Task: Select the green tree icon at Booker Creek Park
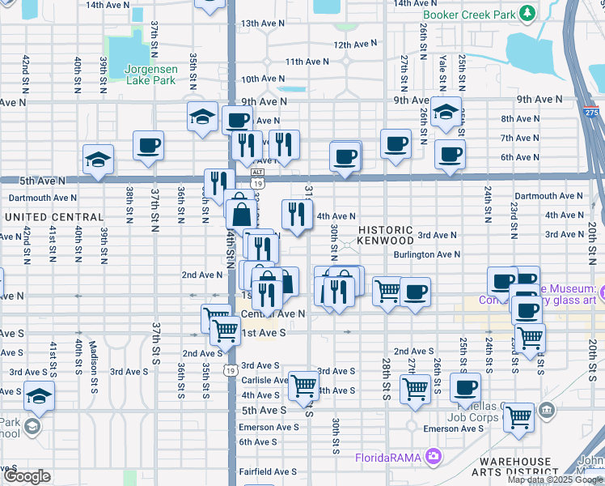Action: pos(528,13)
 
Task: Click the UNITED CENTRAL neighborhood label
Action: pos(54,217)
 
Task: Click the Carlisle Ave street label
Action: pos(264,380)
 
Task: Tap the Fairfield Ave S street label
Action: pos(267,471)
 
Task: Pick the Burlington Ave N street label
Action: pos(427,254)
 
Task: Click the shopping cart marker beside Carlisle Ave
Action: pos(303,386)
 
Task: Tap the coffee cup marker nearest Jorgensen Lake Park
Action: pos(149,146)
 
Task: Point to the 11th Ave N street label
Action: pos(307,62)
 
